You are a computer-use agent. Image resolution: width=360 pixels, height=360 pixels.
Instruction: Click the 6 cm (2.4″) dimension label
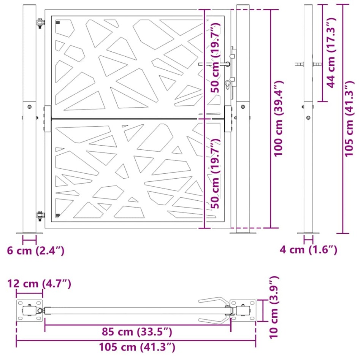(36, 251)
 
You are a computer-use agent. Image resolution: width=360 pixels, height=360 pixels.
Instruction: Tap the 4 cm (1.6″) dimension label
(308, 250)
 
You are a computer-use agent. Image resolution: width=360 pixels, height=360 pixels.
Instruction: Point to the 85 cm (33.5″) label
(137, 332)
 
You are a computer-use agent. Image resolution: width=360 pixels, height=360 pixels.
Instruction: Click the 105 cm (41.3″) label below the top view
(137, 347)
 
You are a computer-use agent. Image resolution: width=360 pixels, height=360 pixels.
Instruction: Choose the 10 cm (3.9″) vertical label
(273, 308)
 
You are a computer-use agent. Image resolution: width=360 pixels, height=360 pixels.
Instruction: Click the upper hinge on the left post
(40, 24)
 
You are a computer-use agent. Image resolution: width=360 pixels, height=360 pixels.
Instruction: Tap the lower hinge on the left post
(40, 216)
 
